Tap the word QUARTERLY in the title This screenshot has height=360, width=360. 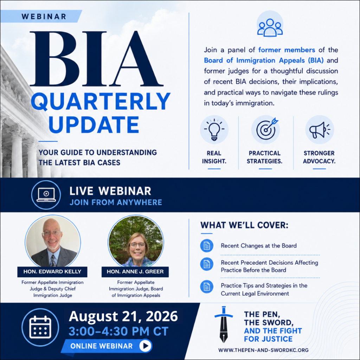101,101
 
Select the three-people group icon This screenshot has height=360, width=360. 270,27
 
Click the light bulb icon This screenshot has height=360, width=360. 214,129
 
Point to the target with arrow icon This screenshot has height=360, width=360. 266,129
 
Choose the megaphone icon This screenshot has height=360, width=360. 320,130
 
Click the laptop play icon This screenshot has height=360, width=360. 46,195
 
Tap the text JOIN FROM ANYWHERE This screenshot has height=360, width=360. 116,202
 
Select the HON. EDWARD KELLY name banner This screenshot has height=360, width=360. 52,272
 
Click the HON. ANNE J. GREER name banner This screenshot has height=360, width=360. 135,272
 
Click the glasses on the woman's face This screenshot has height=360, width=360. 137,245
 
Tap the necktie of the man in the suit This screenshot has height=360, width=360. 53,261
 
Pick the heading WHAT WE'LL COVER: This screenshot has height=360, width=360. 244,225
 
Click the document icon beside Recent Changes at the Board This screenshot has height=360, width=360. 207,246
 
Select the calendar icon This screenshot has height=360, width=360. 40,327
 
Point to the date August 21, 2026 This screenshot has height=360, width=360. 123,316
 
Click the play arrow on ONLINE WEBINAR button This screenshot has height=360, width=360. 145,346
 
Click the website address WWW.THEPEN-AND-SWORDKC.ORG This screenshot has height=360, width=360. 263,350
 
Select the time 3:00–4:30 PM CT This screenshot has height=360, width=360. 118,332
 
